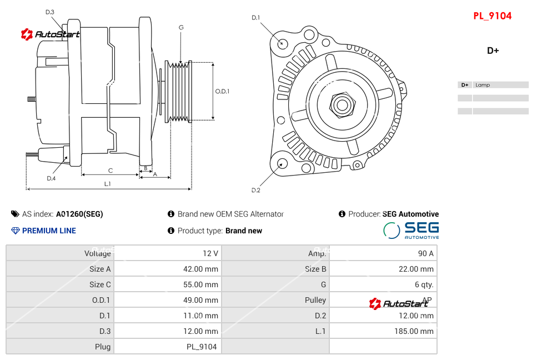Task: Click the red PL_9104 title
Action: click(x=492, y=16)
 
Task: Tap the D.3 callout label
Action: click(x=50, y=12)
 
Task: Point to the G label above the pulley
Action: click(x=181, y=27)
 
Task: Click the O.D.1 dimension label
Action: click(x=222, y=92)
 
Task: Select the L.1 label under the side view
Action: click(x=107, y=183)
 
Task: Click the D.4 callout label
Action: click(x=51, y=178)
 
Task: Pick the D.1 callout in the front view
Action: click(x=256, y=18)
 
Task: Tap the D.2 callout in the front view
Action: click(x=256, y=191)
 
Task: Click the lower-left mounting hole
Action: click(x=282, y=163)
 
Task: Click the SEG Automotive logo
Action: click(x=411, y=230)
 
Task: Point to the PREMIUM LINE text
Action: click(x=49, y=231)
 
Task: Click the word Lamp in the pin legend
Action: click(x=483, y=85)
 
